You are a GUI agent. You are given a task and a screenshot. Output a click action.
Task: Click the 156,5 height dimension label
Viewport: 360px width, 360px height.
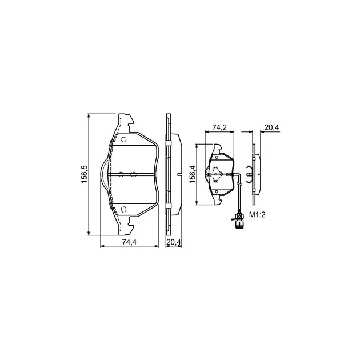tap(84, 174)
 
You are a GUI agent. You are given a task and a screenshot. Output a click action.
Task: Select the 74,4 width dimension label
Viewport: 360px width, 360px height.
tap(129, 242)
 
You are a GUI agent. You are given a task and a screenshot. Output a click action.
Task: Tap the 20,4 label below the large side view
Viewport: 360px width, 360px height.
tap(174, 242)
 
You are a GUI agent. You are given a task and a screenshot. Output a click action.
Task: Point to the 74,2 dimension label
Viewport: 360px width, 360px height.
tap(219, 127)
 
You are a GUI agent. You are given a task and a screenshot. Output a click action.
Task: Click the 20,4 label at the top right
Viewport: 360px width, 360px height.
tap(271, 127)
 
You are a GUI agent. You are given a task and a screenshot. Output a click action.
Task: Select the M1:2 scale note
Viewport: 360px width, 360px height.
tap(257, 215)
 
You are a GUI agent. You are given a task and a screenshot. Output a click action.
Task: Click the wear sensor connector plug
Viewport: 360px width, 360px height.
tap(239, 221)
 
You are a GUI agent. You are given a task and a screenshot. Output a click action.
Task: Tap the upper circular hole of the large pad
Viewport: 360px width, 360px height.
tap(123, 139)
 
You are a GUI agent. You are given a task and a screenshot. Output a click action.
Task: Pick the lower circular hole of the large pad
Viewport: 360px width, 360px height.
tap(123, 209)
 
